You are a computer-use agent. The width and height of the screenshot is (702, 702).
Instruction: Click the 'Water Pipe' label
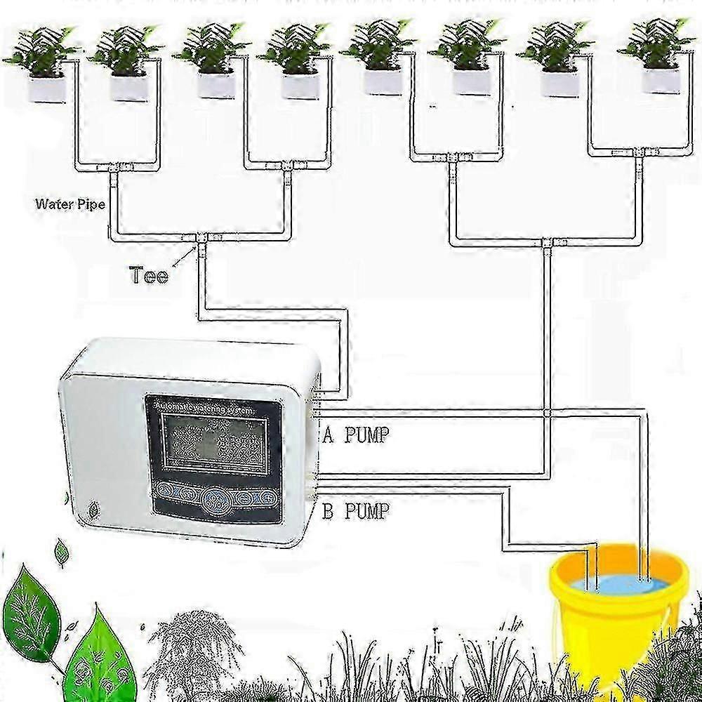coord(70,205)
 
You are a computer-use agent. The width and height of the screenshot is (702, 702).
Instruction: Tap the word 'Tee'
coord(149,274)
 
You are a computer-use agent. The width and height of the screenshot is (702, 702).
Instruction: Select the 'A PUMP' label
coord(355,435)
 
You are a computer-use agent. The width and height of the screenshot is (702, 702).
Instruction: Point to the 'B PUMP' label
coord(355,510)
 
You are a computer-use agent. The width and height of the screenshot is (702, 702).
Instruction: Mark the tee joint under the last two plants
coord(639,152)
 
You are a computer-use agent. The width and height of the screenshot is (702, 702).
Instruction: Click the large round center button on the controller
coord(213,499)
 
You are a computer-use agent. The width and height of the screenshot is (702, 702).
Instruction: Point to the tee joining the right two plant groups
coord(548,243)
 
